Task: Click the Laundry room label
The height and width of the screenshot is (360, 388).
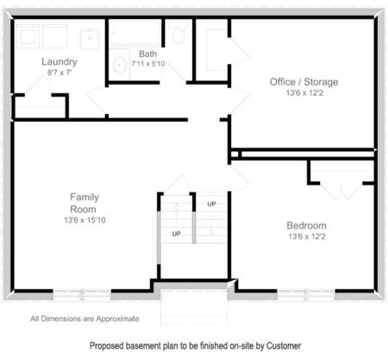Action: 59,62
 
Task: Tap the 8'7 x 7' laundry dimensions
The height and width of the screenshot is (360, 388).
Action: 59,73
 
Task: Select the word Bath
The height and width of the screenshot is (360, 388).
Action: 147,54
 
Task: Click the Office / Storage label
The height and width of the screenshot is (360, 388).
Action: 304,82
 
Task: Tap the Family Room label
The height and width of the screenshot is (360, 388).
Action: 84,203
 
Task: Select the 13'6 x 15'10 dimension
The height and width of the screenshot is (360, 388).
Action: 84,221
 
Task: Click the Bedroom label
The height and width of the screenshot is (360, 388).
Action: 306,225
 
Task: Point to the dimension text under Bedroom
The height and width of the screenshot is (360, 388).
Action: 306,237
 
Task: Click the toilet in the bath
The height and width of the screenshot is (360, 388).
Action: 178,35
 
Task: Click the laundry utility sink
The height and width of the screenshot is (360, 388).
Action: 89,37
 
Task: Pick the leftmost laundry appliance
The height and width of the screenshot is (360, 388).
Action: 28,37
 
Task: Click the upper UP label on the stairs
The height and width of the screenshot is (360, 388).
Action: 212,204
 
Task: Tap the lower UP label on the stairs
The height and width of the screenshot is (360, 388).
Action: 176,234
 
